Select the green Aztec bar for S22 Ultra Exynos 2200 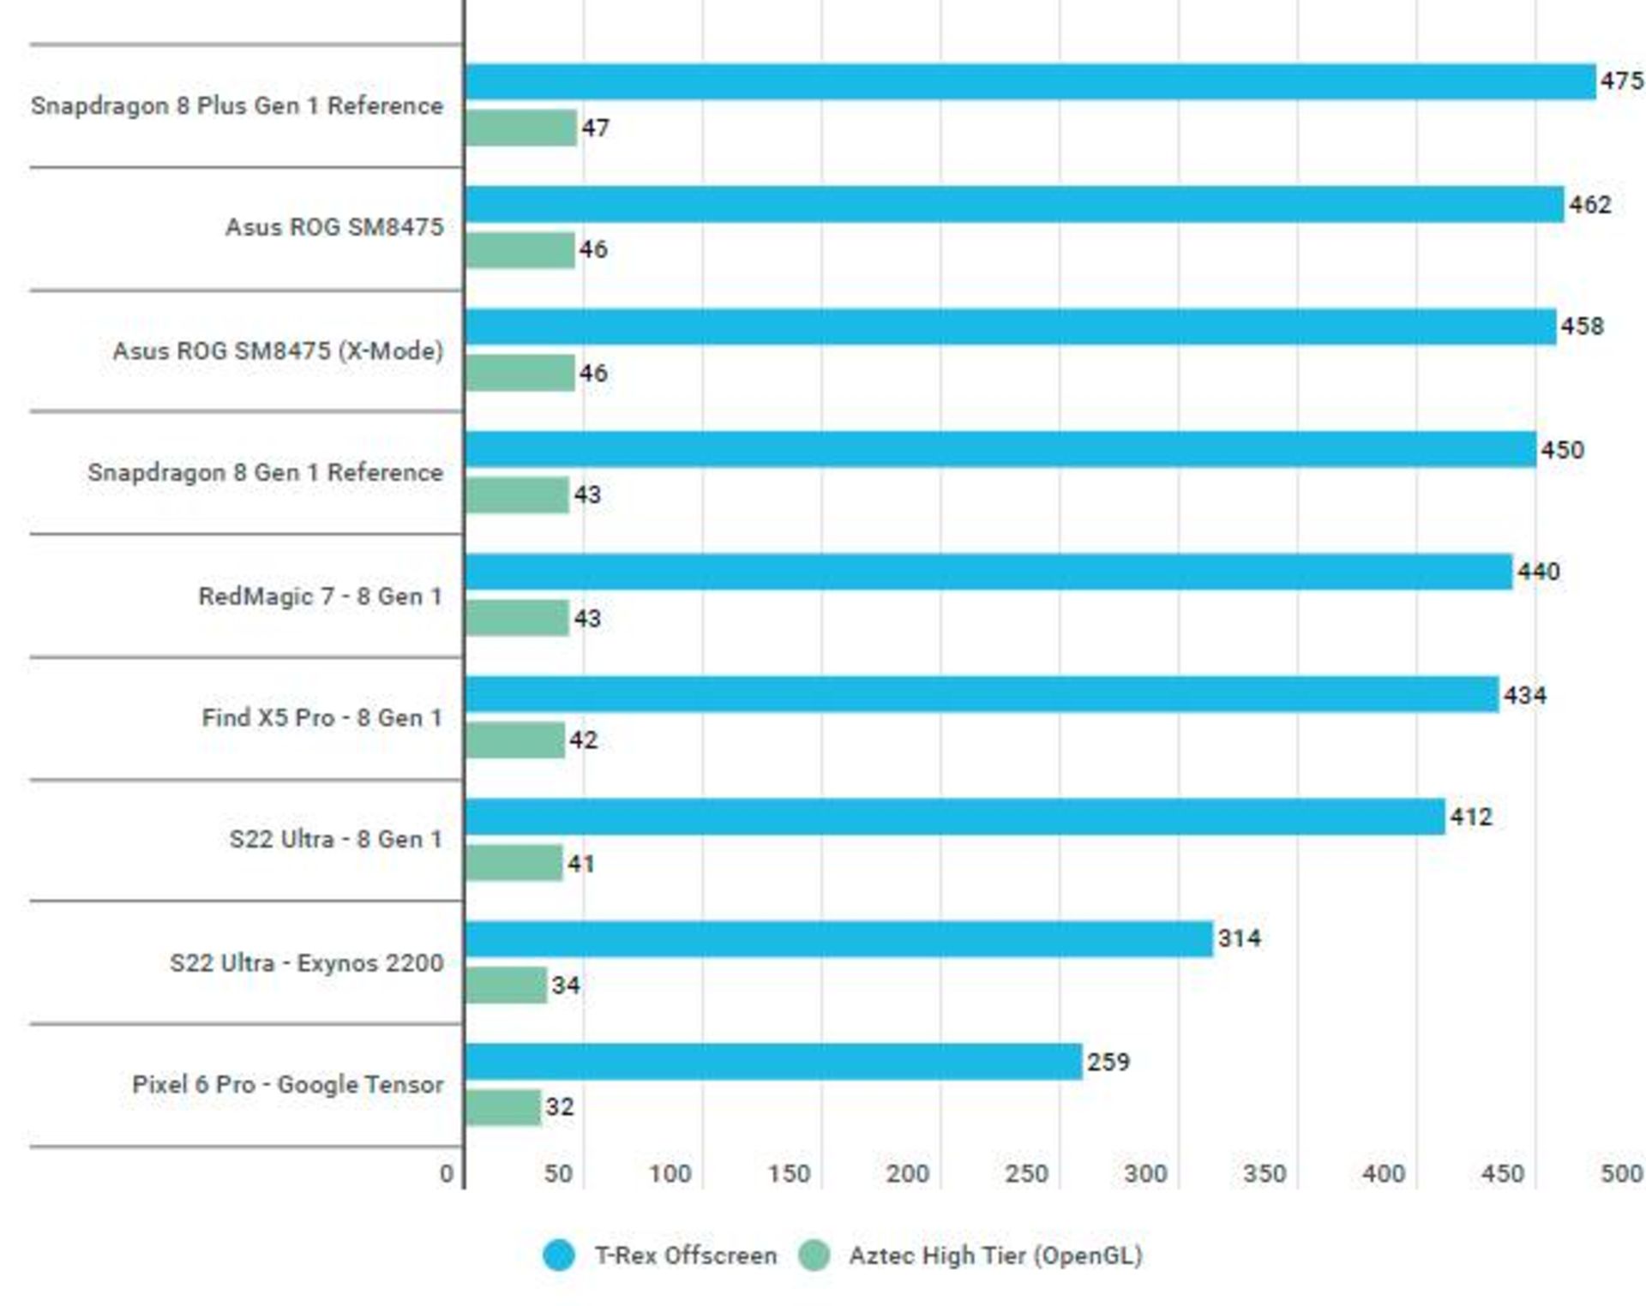[506, 985]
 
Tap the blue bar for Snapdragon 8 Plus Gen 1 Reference [1030, 82]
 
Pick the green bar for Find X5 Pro [515, 740]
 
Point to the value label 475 [1621, 81]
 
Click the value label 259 [1108, 1063]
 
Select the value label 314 [1239, 938]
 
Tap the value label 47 [596, 129]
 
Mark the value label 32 [560, 1107]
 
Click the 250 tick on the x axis [1026, 1173]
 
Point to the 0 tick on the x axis [447, 1173]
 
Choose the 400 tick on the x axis [1383, 1173]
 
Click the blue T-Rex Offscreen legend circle [559, 1255]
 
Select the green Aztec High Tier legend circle [814, 1255]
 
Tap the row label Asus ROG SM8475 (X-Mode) [278, 350]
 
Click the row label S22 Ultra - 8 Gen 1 [335, 839]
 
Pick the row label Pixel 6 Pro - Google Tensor [287, 1085]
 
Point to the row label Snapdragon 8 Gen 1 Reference [265, 472]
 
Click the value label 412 [1470, 817]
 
